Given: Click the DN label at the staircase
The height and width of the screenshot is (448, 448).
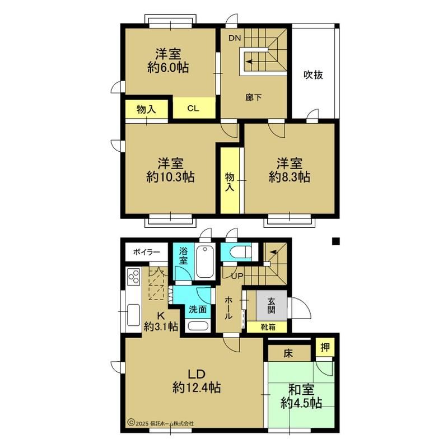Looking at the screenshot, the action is [235, 38].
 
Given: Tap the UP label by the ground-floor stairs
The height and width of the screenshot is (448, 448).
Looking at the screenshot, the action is [237, 276].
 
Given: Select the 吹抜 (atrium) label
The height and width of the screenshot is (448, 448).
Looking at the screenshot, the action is [313, 75].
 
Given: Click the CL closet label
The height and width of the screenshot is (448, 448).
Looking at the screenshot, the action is [193, 109].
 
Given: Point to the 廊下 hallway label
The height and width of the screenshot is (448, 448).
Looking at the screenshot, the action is [254, 97].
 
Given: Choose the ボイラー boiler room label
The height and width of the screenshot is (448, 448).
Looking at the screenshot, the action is [146, 253].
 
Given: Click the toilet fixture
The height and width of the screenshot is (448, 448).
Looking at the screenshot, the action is [240, 251].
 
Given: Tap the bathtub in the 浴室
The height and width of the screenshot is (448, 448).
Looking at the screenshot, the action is [205, 262].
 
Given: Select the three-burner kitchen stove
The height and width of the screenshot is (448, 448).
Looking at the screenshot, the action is [134, 277].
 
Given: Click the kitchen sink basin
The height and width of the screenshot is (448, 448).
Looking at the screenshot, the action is [133, 315].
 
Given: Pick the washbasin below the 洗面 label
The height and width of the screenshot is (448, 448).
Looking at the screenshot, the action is [198, 326].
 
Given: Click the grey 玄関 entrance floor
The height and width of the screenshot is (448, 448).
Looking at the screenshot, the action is [272, 305].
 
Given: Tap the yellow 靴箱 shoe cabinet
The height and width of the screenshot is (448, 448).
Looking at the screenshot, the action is [267, 327].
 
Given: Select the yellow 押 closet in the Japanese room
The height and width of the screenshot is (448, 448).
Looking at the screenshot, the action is [325, 347].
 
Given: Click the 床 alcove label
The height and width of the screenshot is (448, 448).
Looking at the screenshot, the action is [288, 353].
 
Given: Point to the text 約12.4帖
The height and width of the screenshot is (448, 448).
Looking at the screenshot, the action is [197, 388].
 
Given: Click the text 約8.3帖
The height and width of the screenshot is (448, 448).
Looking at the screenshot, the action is [289, 178].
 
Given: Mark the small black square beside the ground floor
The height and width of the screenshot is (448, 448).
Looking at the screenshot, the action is [335, 241].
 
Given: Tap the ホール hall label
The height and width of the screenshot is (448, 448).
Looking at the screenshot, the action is [228, 308].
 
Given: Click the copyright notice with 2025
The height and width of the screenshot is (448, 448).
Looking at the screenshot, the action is [161, 423].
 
